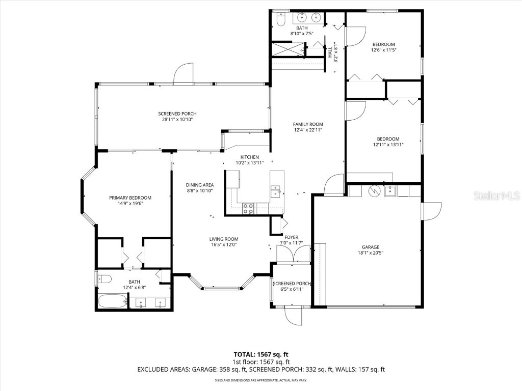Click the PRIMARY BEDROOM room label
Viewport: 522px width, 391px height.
pos(130,198)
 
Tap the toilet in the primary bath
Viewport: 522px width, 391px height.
pos(105,278)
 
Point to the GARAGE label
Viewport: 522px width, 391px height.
pos(371,247)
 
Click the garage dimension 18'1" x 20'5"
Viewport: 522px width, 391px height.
pos(371,253)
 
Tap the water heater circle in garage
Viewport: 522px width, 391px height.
pos(374,191)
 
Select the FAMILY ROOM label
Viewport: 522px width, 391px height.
pos(308,124)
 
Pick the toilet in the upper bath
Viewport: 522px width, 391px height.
pos(280,19)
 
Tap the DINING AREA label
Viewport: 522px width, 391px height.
pos(200,185)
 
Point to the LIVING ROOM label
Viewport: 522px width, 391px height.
pos(224,239)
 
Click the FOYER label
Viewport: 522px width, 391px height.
pos(292,237)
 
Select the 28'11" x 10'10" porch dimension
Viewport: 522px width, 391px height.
pos(177,120)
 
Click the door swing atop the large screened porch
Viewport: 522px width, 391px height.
pos(182,75)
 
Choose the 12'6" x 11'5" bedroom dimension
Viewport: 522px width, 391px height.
pos(383,50)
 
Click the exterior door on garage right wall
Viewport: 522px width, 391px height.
pos(431,211)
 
